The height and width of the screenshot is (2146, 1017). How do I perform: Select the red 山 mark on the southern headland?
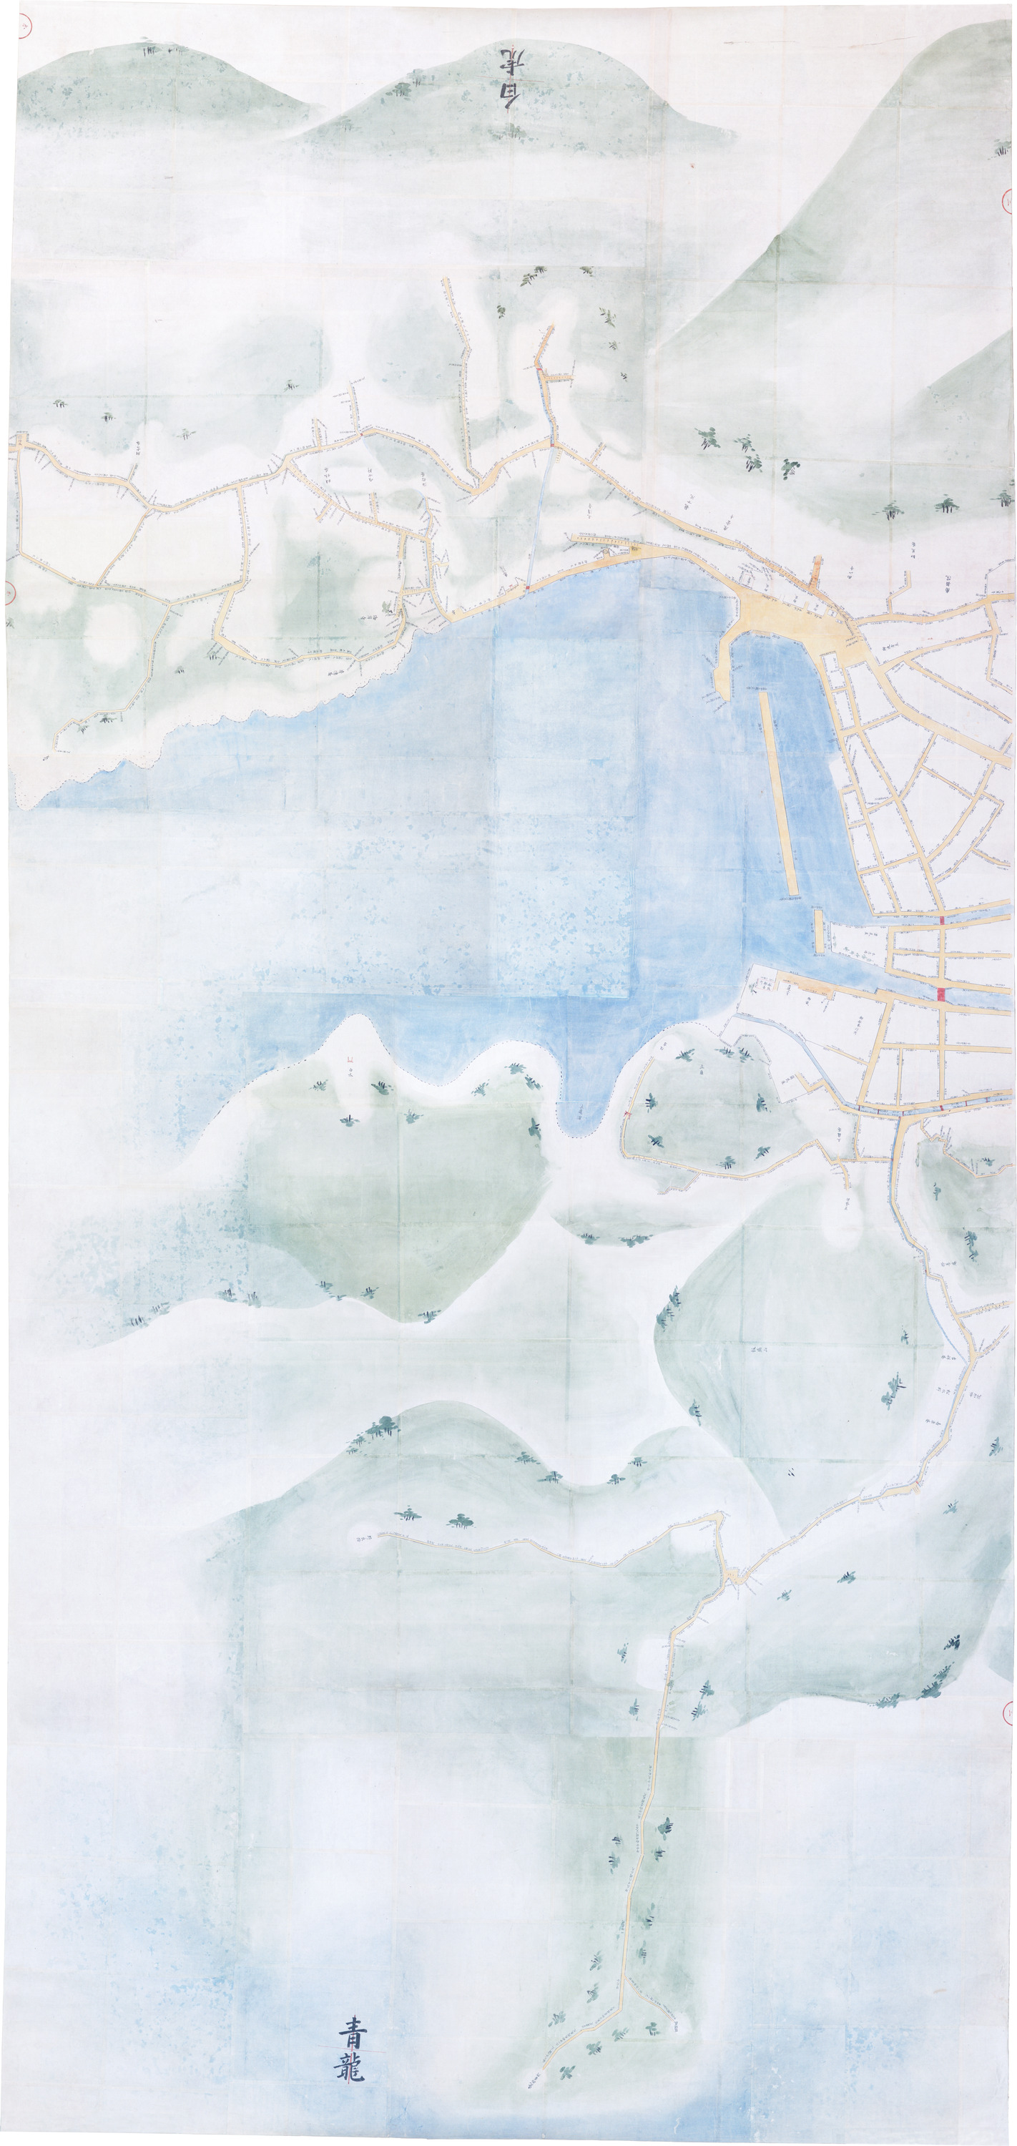coord(350,1059)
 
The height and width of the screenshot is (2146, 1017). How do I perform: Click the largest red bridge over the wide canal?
coord(942,993)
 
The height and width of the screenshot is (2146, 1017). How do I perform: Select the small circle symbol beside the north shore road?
coord(636,549)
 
